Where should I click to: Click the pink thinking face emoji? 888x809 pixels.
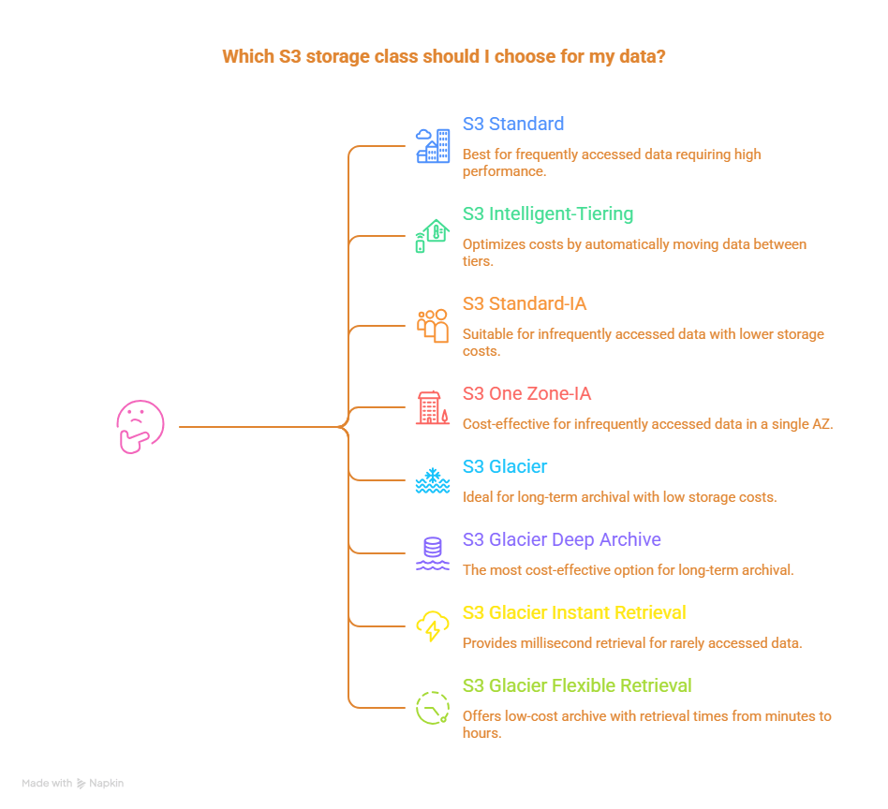[140, 427]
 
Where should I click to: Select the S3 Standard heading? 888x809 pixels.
[512, 124]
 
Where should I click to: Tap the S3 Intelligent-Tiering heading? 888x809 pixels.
[547, 213]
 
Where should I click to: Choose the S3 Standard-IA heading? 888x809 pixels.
[525, 303]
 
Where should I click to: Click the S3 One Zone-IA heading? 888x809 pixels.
[526, 393]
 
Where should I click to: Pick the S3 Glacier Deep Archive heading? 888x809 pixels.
[561, 539]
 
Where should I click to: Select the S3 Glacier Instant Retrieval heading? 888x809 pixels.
[573, 612]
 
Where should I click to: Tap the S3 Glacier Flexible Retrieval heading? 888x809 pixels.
[577, 685]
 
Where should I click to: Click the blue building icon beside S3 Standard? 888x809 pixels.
[433, 146]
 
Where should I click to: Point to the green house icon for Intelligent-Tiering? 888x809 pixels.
[433, 235]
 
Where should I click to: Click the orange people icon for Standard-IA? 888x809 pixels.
[433, 325]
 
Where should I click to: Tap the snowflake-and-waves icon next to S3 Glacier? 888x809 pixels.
[432, 481]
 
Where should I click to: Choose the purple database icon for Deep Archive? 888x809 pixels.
[432, 554]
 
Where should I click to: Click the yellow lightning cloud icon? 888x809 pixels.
[432, 626]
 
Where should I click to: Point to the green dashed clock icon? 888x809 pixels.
[432, 707]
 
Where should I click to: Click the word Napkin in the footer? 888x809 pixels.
[106, 783]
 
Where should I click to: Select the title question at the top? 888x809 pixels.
[444, 56]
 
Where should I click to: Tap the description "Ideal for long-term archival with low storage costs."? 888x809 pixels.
[619, 496]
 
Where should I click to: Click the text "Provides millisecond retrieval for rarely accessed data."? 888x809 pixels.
[632, 642]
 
